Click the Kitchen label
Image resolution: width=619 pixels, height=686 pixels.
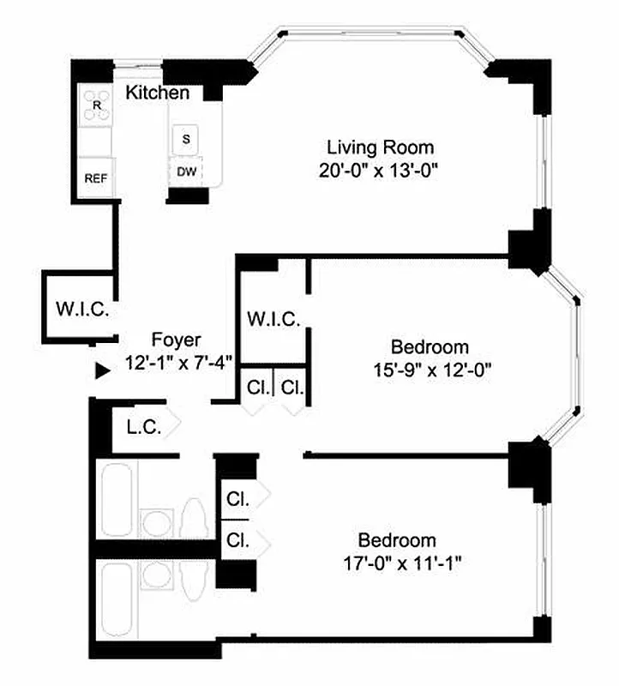(x=158, y=93)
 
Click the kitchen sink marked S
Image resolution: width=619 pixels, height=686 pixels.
(x=186, y=138)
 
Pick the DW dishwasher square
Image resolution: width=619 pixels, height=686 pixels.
(x=186, y=171)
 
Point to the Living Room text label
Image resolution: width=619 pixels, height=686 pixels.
(x=378, y=147)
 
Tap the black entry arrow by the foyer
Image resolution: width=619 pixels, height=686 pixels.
(x=103, y=370)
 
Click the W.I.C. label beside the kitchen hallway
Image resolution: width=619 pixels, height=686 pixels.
(x=82, y=310)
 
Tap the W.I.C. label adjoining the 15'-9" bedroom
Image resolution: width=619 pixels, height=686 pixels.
(x=273, y=320)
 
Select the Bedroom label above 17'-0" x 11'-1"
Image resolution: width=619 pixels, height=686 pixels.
(x=397, y=541)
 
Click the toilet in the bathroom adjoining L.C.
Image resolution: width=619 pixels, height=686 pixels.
(x=194, y=519)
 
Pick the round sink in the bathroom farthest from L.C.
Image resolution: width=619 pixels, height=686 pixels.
(x=156, y=575)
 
